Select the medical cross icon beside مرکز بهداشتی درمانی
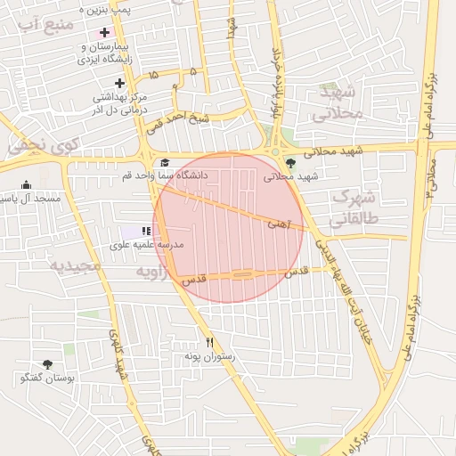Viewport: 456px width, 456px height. (118, 83)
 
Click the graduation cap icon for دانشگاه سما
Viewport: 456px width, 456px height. (165, 162)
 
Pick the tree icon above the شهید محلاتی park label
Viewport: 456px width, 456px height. (289, 162)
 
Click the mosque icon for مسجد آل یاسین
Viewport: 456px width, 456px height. (25, 185)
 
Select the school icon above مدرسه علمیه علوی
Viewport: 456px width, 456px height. (146, 231)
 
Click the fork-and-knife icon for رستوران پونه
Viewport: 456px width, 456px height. (210, 342)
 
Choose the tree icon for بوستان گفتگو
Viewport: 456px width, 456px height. (46, 364)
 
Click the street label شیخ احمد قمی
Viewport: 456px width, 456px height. (181, 118)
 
